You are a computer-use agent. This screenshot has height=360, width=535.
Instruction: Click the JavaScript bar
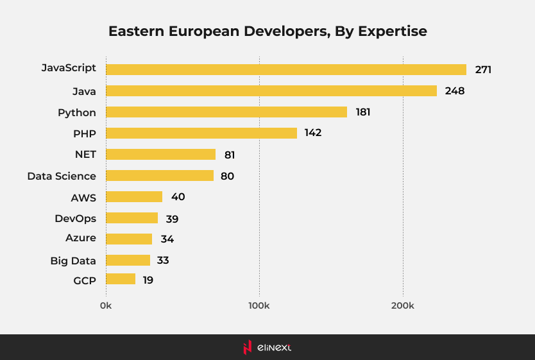[285, 69]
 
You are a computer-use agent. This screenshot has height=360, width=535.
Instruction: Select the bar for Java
[271, 91]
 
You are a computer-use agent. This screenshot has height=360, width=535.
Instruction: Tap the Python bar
[226, 112]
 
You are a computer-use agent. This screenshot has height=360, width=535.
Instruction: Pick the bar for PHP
[201, 133]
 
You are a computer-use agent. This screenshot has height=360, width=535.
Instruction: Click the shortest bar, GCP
[121, 279]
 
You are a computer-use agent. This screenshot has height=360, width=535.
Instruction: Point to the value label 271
[483, 69]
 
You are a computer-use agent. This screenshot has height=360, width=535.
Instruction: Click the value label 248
[454, 91]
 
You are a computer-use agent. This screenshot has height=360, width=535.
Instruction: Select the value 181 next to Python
[363, 112]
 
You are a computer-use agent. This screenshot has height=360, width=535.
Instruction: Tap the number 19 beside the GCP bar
[148, 280]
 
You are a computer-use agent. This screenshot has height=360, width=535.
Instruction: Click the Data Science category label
[62, 176]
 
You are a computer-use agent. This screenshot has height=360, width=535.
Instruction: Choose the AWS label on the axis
[83, 197]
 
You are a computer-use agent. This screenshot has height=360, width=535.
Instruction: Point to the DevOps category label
[75, 218]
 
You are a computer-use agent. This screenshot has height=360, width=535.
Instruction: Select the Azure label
[81, 238]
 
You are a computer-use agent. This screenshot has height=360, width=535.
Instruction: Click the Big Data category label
[73, 261]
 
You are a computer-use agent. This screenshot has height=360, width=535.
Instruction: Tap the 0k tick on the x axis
[106, 306]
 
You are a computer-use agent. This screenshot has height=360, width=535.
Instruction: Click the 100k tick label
[259, 306]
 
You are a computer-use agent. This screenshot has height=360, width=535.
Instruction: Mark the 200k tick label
[403, 306]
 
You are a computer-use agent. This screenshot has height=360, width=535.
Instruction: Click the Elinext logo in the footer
[267, 347]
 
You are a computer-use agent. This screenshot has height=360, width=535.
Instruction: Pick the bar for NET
[160, 154]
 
